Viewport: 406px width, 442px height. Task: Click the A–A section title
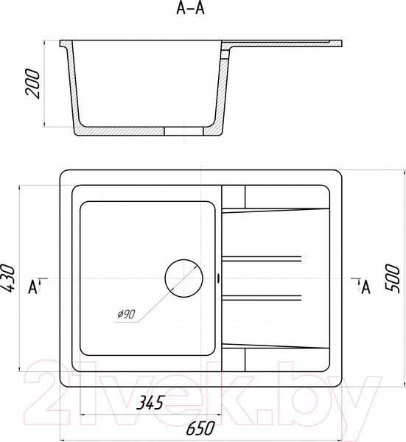[190, 8]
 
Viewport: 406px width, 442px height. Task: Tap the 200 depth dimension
[32, 84]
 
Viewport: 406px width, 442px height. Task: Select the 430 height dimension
[7, 278]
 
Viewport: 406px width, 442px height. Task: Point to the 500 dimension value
[392, 278]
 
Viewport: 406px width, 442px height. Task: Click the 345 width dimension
[150, 402]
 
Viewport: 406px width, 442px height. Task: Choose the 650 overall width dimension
[200, 428]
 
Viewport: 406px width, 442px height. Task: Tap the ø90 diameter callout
[126, 314]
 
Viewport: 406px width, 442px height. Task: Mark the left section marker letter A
[32, 288]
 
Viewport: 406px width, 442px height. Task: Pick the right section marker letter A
[365, 288]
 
